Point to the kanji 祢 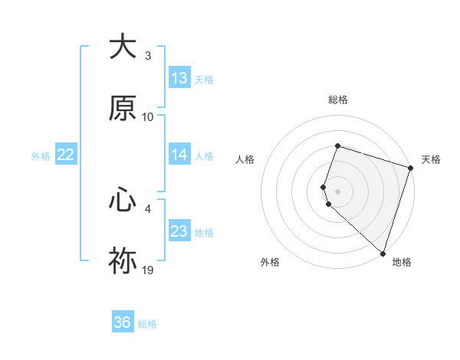tap(123, 261)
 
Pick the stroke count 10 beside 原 tap(148, 117)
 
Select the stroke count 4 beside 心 tap(148, 208)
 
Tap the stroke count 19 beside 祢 tap(148, 270)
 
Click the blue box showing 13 tap(179, 78)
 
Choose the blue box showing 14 tap(179, 155)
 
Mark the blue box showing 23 tap(179, 231)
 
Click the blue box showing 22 tap(66, 155)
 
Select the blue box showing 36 tap(123, 322)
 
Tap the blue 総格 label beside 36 tap(148, 324)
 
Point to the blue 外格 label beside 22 tap(41, 156)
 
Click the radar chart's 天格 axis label tap(431, 159)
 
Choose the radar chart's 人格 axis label tap(245, 159)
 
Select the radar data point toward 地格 tap(383, 253)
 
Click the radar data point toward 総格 tap(337, 146)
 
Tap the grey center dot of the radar tap(337, 191)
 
